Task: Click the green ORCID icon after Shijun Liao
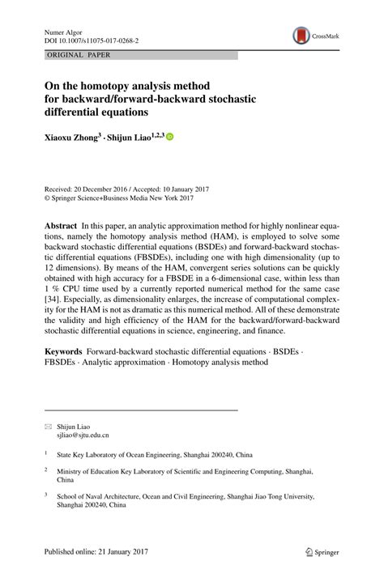tap(169, 137)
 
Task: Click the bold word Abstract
tap(61, 222)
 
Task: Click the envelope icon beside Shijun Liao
tap(48, 425)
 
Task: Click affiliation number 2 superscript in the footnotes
tap(46, 469)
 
